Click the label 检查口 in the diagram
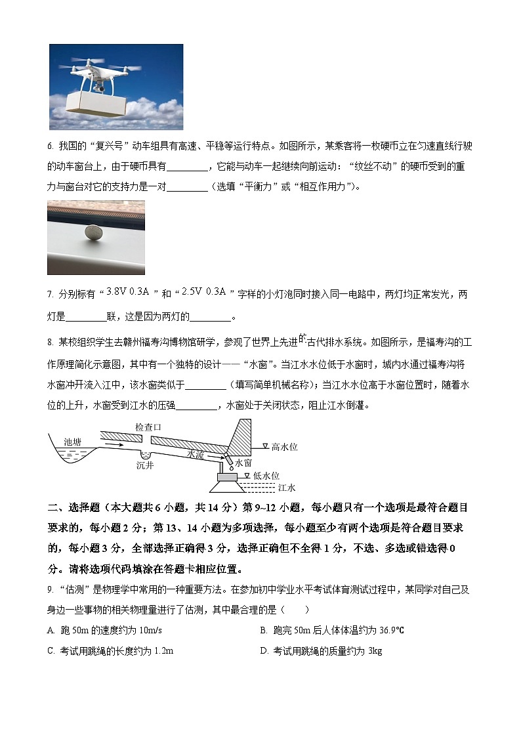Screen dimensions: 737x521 148,427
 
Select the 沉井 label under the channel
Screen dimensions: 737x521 146,465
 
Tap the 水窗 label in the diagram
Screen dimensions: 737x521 243,463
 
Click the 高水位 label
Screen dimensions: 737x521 284,447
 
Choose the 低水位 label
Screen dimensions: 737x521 266,475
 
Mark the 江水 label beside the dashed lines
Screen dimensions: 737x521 287,488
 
